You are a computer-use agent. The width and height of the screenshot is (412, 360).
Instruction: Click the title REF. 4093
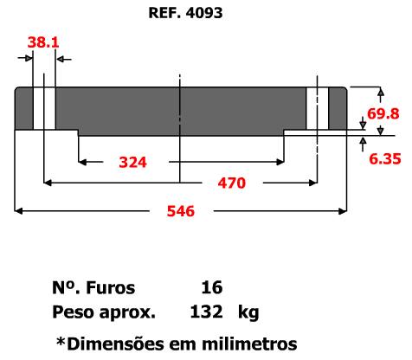[185, 13]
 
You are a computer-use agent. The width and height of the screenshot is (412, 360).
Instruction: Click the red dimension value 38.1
[43, 42]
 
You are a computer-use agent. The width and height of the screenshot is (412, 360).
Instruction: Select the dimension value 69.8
[383, 113]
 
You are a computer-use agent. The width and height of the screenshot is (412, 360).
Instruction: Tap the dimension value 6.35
[385, 159]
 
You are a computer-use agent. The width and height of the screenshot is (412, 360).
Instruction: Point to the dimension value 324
[133, 162]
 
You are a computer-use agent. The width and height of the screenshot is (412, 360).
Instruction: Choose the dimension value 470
[232, 183]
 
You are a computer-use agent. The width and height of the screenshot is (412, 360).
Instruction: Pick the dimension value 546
[181, 211]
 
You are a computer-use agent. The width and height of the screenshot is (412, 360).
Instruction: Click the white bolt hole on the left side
[44, 108]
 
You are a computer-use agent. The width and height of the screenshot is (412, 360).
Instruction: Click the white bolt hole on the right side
[318, 108]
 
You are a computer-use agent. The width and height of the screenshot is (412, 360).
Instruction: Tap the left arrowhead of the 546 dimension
[18, 211]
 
